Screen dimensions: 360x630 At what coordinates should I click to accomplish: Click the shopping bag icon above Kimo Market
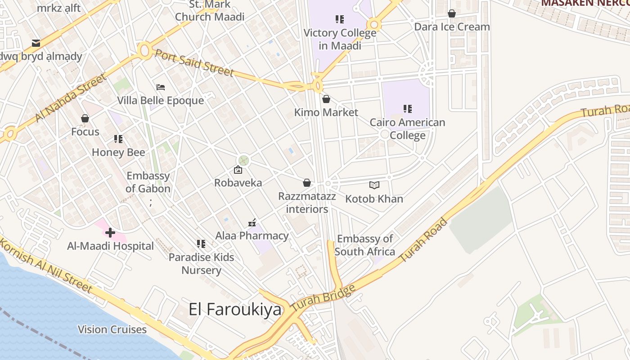click(x=326, y=99)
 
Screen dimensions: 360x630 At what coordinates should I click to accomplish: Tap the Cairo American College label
click(x=407, y=129)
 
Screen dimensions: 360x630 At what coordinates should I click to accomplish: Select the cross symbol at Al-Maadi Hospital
click(x=110, y=233)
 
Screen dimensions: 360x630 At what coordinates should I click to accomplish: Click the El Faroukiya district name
click(x=235, y=310)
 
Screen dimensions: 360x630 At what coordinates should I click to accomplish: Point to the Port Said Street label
click(x=194, y=62)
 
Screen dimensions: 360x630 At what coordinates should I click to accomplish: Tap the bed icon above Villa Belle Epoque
click(x=161, y=87)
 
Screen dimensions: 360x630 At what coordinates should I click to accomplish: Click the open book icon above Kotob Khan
click(x=374, y=185)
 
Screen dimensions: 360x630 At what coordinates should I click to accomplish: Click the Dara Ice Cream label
click(x=452, y=27)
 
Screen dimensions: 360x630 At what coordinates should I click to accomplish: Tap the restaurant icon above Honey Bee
click(x=118, y=139)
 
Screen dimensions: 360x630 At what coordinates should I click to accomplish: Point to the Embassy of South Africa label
click(x=364, y=245)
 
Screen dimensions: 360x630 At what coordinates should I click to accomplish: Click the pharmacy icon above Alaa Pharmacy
click(x=252, y=223)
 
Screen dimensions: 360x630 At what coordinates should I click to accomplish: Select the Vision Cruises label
click(x=112, y=329)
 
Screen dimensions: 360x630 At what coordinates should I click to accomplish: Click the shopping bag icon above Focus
click(x=85, y=118)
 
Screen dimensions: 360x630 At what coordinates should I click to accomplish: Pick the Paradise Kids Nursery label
click(x=201, y=264)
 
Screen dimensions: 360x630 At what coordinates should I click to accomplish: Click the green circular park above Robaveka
click(x=243, y=160)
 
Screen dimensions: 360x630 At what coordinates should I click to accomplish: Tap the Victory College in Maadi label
click(x=340, y=39)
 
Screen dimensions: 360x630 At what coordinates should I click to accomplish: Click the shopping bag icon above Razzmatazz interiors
click(x=307, y=183)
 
